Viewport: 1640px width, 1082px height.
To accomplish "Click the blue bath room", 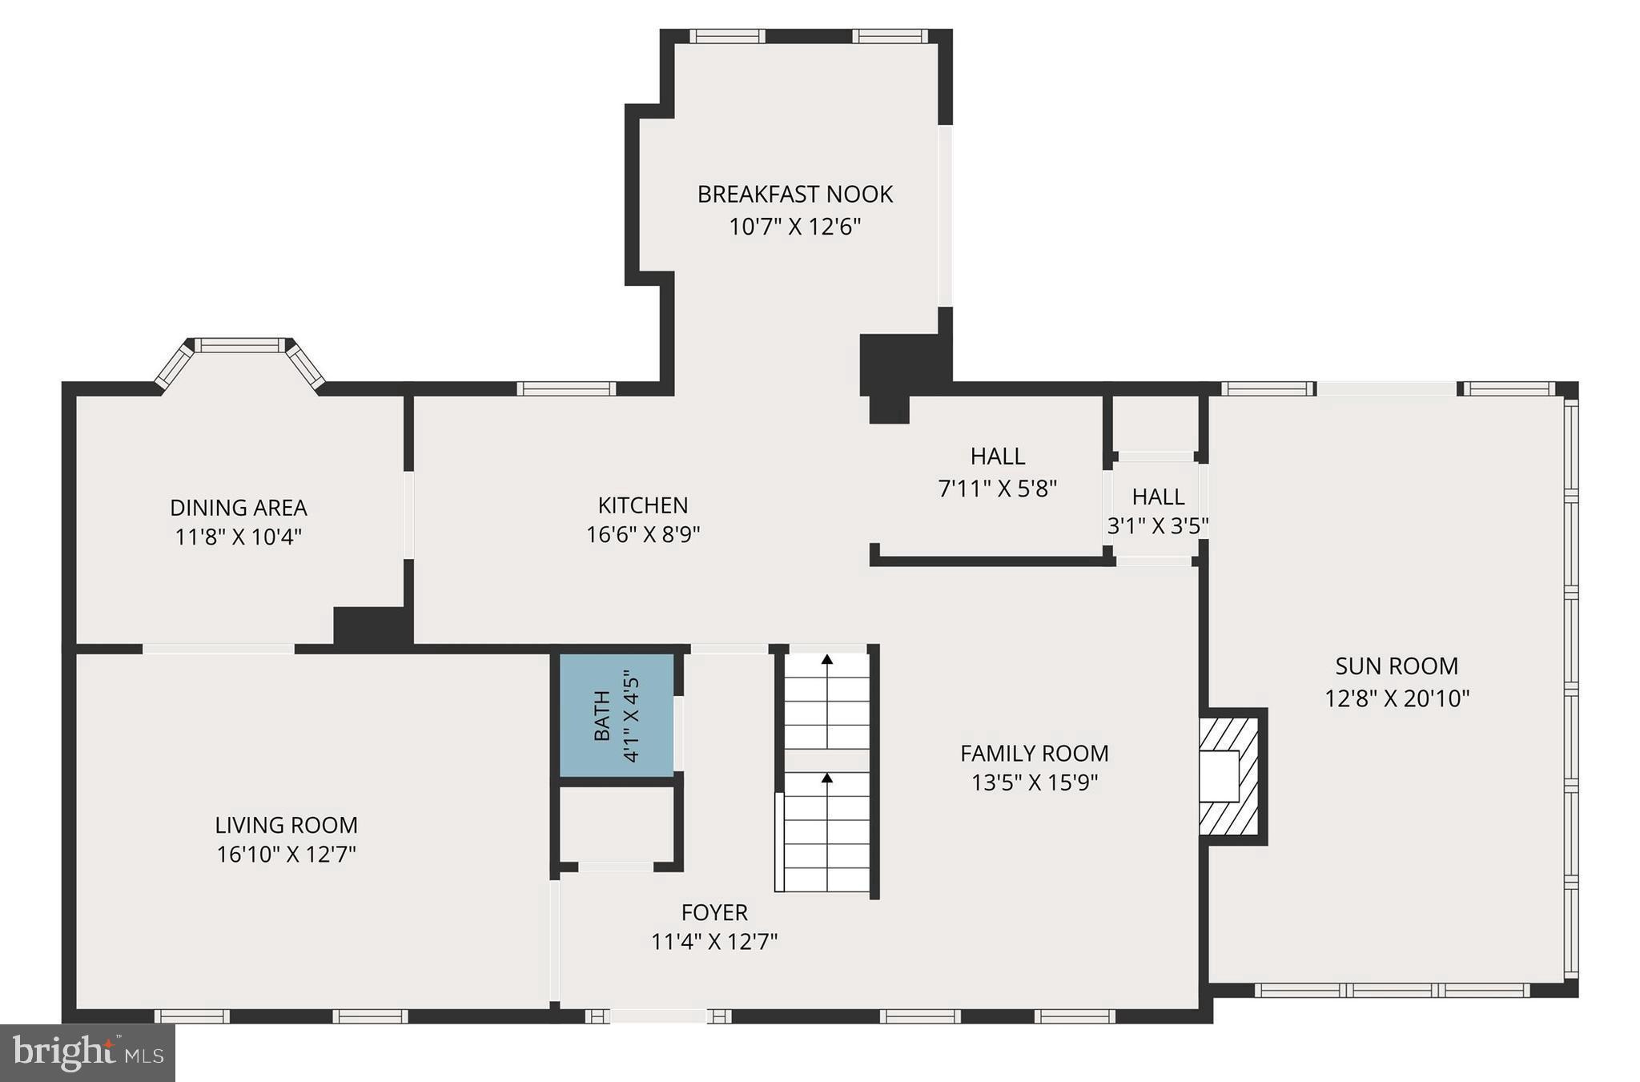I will (616, 715).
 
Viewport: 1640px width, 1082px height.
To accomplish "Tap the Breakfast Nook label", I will (794, 194).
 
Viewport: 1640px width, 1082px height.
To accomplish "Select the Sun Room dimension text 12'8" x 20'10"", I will (1397, 698).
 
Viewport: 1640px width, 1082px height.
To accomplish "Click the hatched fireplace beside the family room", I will (1229, 776).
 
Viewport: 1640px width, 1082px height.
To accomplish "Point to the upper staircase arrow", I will (827, 660).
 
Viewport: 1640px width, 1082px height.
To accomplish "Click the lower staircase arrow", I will (827, 778).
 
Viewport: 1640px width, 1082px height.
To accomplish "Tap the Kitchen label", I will (643, 505).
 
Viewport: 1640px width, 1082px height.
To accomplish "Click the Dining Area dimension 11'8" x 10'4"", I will (238, 537).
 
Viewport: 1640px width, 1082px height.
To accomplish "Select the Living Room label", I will (286, 825).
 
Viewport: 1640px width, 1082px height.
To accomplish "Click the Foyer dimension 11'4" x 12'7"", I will (714, 942).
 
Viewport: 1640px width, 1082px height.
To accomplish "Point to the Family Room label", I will (1034, 753).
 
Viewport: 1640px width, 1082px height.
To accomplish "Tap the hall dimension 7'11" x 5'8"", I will (997, 488).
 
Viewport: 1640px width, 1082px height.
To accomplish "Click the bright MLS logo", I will (87, 1052).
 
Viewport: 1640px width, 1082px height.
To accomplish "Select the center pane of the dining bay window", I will (240, 345).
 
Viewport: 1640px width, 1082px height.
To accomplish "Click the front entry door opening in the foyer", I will (657, 1016).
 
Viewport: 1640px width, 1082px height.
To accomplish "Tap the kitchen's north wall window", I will (566, 388).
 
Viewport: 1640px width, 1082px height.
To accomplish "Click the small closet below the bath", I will (616, 825).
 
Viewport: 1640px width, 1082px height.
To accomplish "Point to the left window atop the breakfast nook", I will (727, 36).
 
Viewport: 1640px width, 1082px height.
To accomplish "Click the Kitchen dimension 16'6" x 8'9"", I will (643, 534).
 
